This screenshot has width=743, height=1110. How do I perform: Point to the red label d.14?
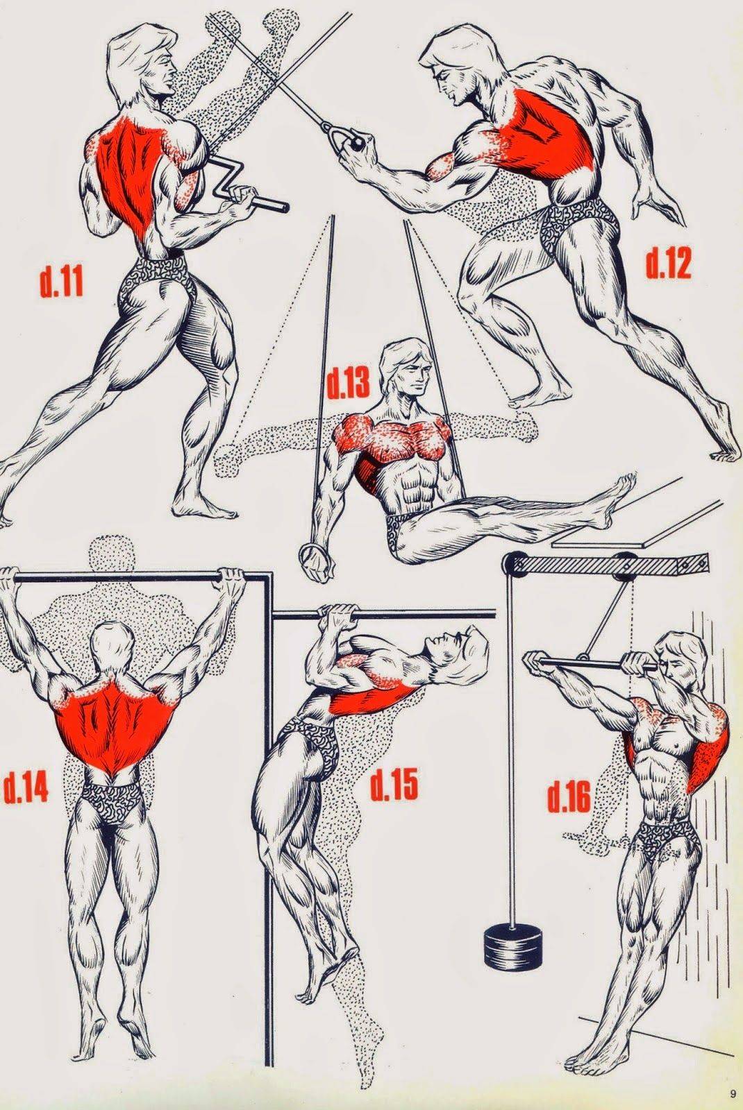25,787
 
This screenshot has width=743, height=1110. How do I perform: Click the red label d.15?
394,783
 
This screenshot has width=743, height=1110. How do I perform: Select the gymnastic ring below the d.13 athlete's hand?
315,556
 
